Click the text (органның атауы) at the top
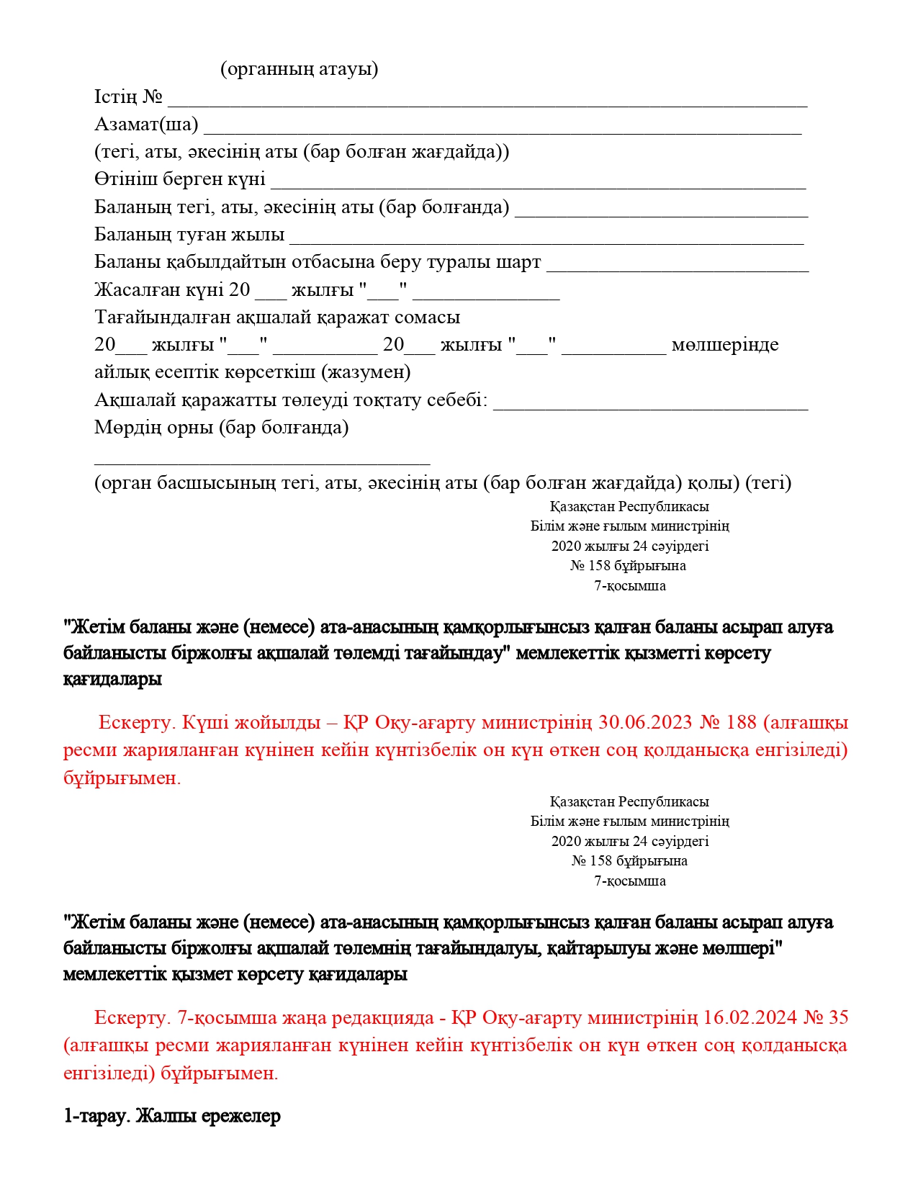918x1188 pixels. [x=299, y=69]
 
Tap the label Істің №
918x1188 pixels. [x=128, y=96]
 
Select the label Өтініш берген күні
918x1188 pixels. [x=179, y=179]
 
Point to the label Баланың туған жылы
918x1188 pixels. [x=189, y=234]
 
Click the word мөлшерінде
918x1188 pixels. [x=724, y=344]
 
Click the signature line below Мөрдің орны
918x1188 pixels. [x=262, y=462]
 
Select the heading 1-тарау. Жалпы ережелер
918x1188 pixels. [x=172, y=1116]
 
